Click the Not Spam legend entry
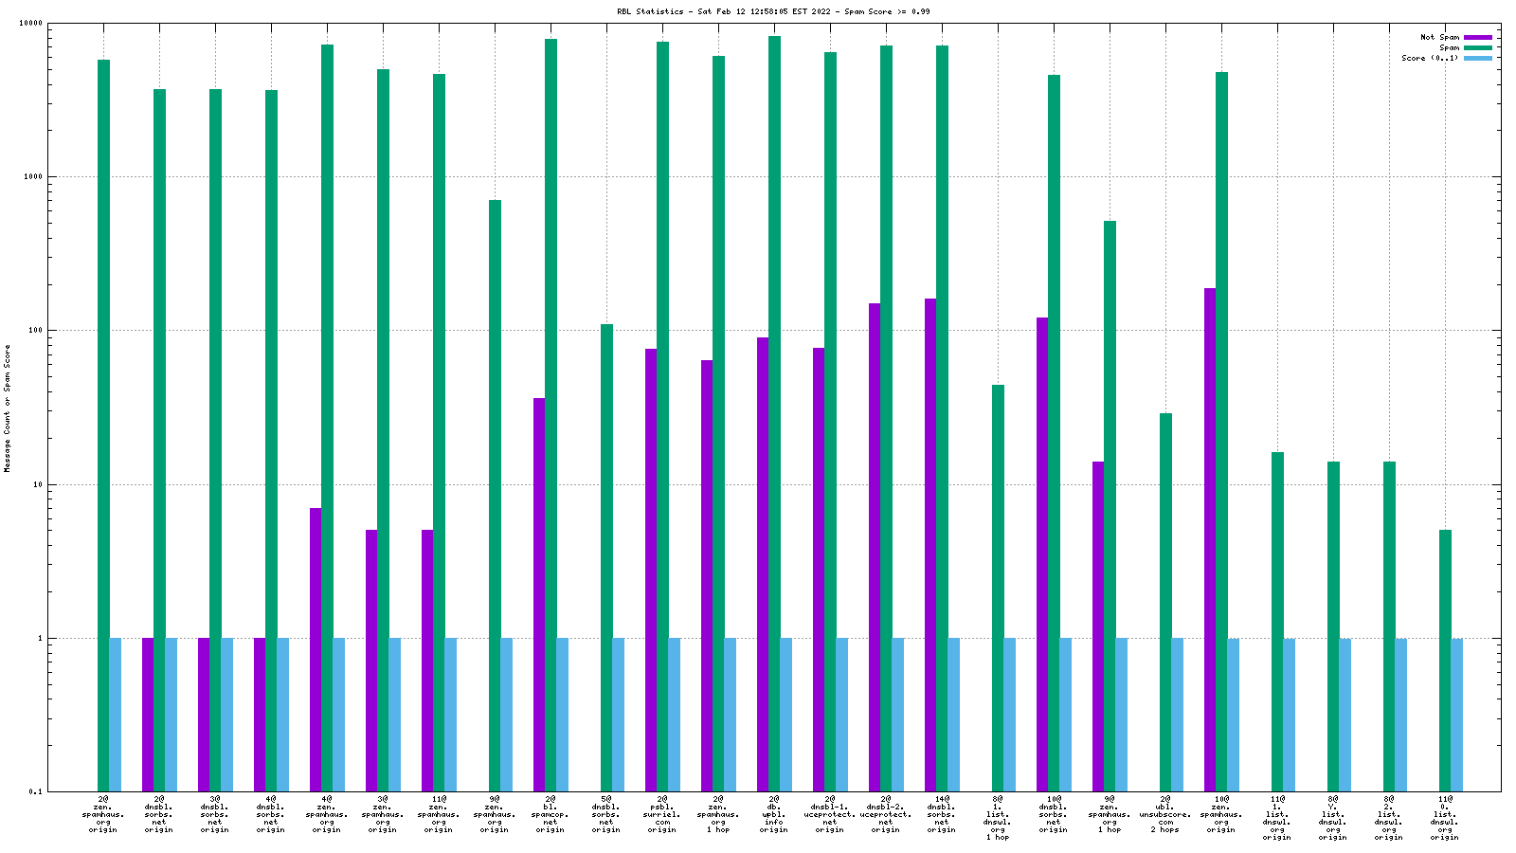tap(1439, 37)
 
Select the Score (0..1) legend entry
tap(1430, 58)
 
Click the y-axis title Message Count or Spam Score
tap(8, 408)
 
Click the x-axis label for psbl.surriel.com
tap(662, 814)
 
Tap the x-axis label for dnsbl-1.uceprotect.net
tap(830, 814)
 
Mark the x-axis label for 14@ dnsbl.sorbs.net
tap(942, 814)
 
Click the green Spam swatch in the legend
tap(1478, 47)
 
